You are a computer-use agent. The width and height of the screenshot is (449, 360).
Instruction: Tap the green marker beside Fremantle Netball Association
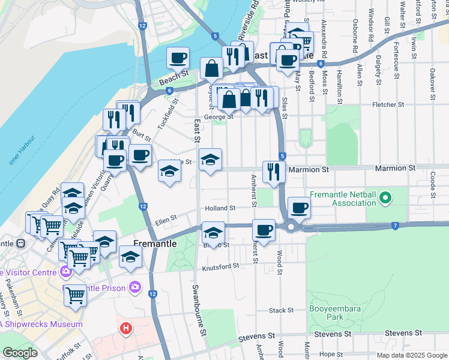point(386,197)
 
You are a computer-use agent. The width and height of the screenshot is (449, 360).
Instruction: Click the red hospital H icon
point(126,328)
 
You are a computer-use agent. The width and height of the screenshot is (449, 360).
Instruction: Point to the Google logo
point(20,353)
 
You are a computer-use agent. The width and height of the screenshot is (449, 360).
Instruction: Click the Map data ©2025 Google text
point(412,355)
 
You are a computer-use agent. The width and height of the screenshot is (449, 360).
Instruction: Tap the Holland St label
point(219,208)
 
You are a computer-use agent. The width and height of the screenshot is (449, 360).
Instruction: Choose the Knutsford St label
point(220,265)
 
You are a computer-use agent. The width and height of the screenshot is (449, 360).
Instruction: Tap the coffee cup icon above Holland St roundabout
point(298,208)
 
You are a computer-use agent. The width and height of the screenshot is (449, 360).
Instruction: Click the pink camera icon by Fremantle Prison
point(135,288)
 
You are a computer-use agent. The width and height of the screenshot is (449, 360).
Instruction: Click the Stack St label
point(280,310)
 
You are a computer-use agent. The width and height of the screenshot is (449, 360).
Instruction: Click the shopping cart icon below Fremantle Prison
point(75,295)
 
